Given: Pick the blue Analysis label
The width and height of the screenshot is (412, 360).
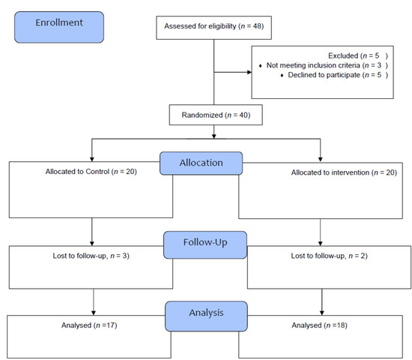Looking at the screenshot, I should click(x=205, y=310).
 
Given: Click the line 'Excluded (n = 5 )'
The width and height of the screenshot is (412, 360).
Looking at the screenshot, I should click(x=357, y=55).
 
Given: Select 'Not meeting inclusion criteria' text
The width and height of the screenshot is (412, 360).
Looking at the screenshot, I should click(x=318, y=65).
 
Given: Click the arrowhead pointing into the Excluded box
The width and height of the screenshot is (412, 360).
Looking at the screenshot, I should click(x=249, y=73).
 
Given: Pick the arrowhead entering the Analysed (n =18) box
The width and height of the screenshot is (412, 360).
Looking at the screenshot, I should click(x=321, y=313).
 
